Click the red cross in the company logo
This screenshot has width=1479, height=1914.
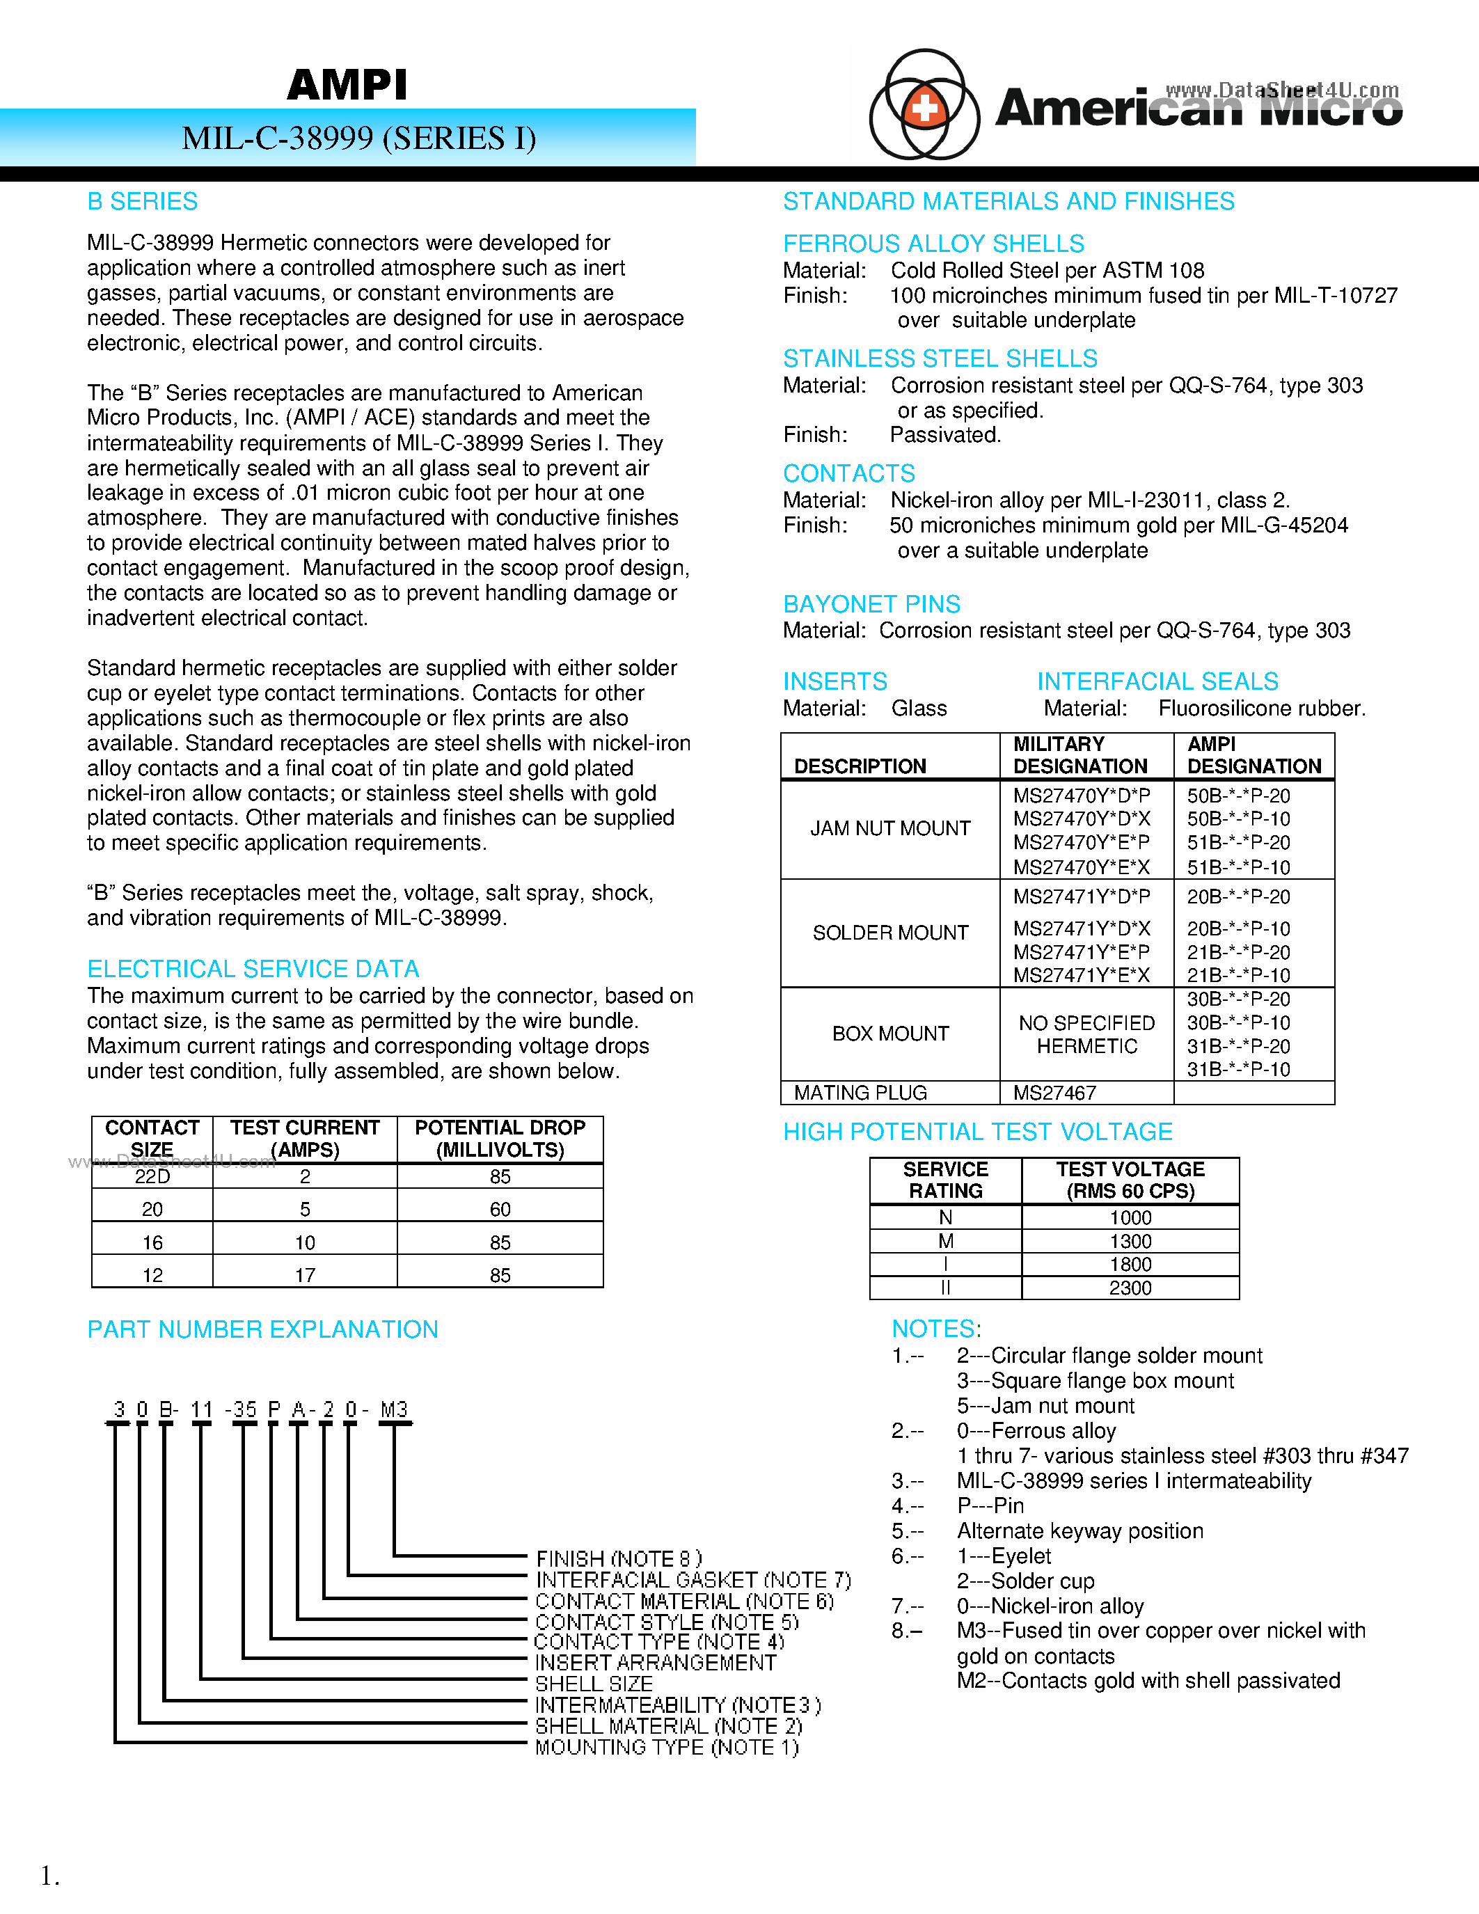[924, 108]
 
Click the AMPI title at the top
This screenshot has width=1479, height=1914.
[347, 85]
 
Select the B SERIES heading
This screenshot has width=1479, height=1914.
[142, 202]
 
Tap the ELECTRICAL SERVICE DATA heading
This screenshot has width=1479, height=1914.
[253, 970]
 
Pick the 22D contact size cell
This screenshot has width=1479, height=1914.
[152, 1177]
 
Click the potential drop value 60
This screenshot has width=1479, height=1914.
[500, 1210]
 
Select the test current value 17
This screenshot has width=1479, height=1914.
[305, 1275]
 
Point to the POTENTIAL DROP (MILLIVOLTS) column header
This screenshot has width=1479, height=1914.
[500, 1139]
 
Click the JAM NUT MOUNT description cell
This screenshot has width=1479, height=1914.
[890, 828]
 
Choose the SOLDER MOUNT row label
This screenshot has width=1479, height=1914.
[890, 933]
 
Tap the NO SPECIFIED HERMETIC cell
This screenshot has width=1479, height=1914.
[1086, 1034]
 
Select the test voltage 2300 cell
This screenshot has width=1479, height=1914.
[1130, 1288]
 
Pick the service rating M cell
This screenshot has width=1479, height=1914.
[945, 1241]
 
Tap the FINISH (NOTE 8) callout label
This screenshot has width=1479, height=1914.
[619, 1558]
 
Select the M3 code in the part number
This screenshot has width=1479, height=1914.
[394, 1409]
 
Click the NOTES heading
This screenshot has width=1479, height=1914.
[935, 1329]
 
